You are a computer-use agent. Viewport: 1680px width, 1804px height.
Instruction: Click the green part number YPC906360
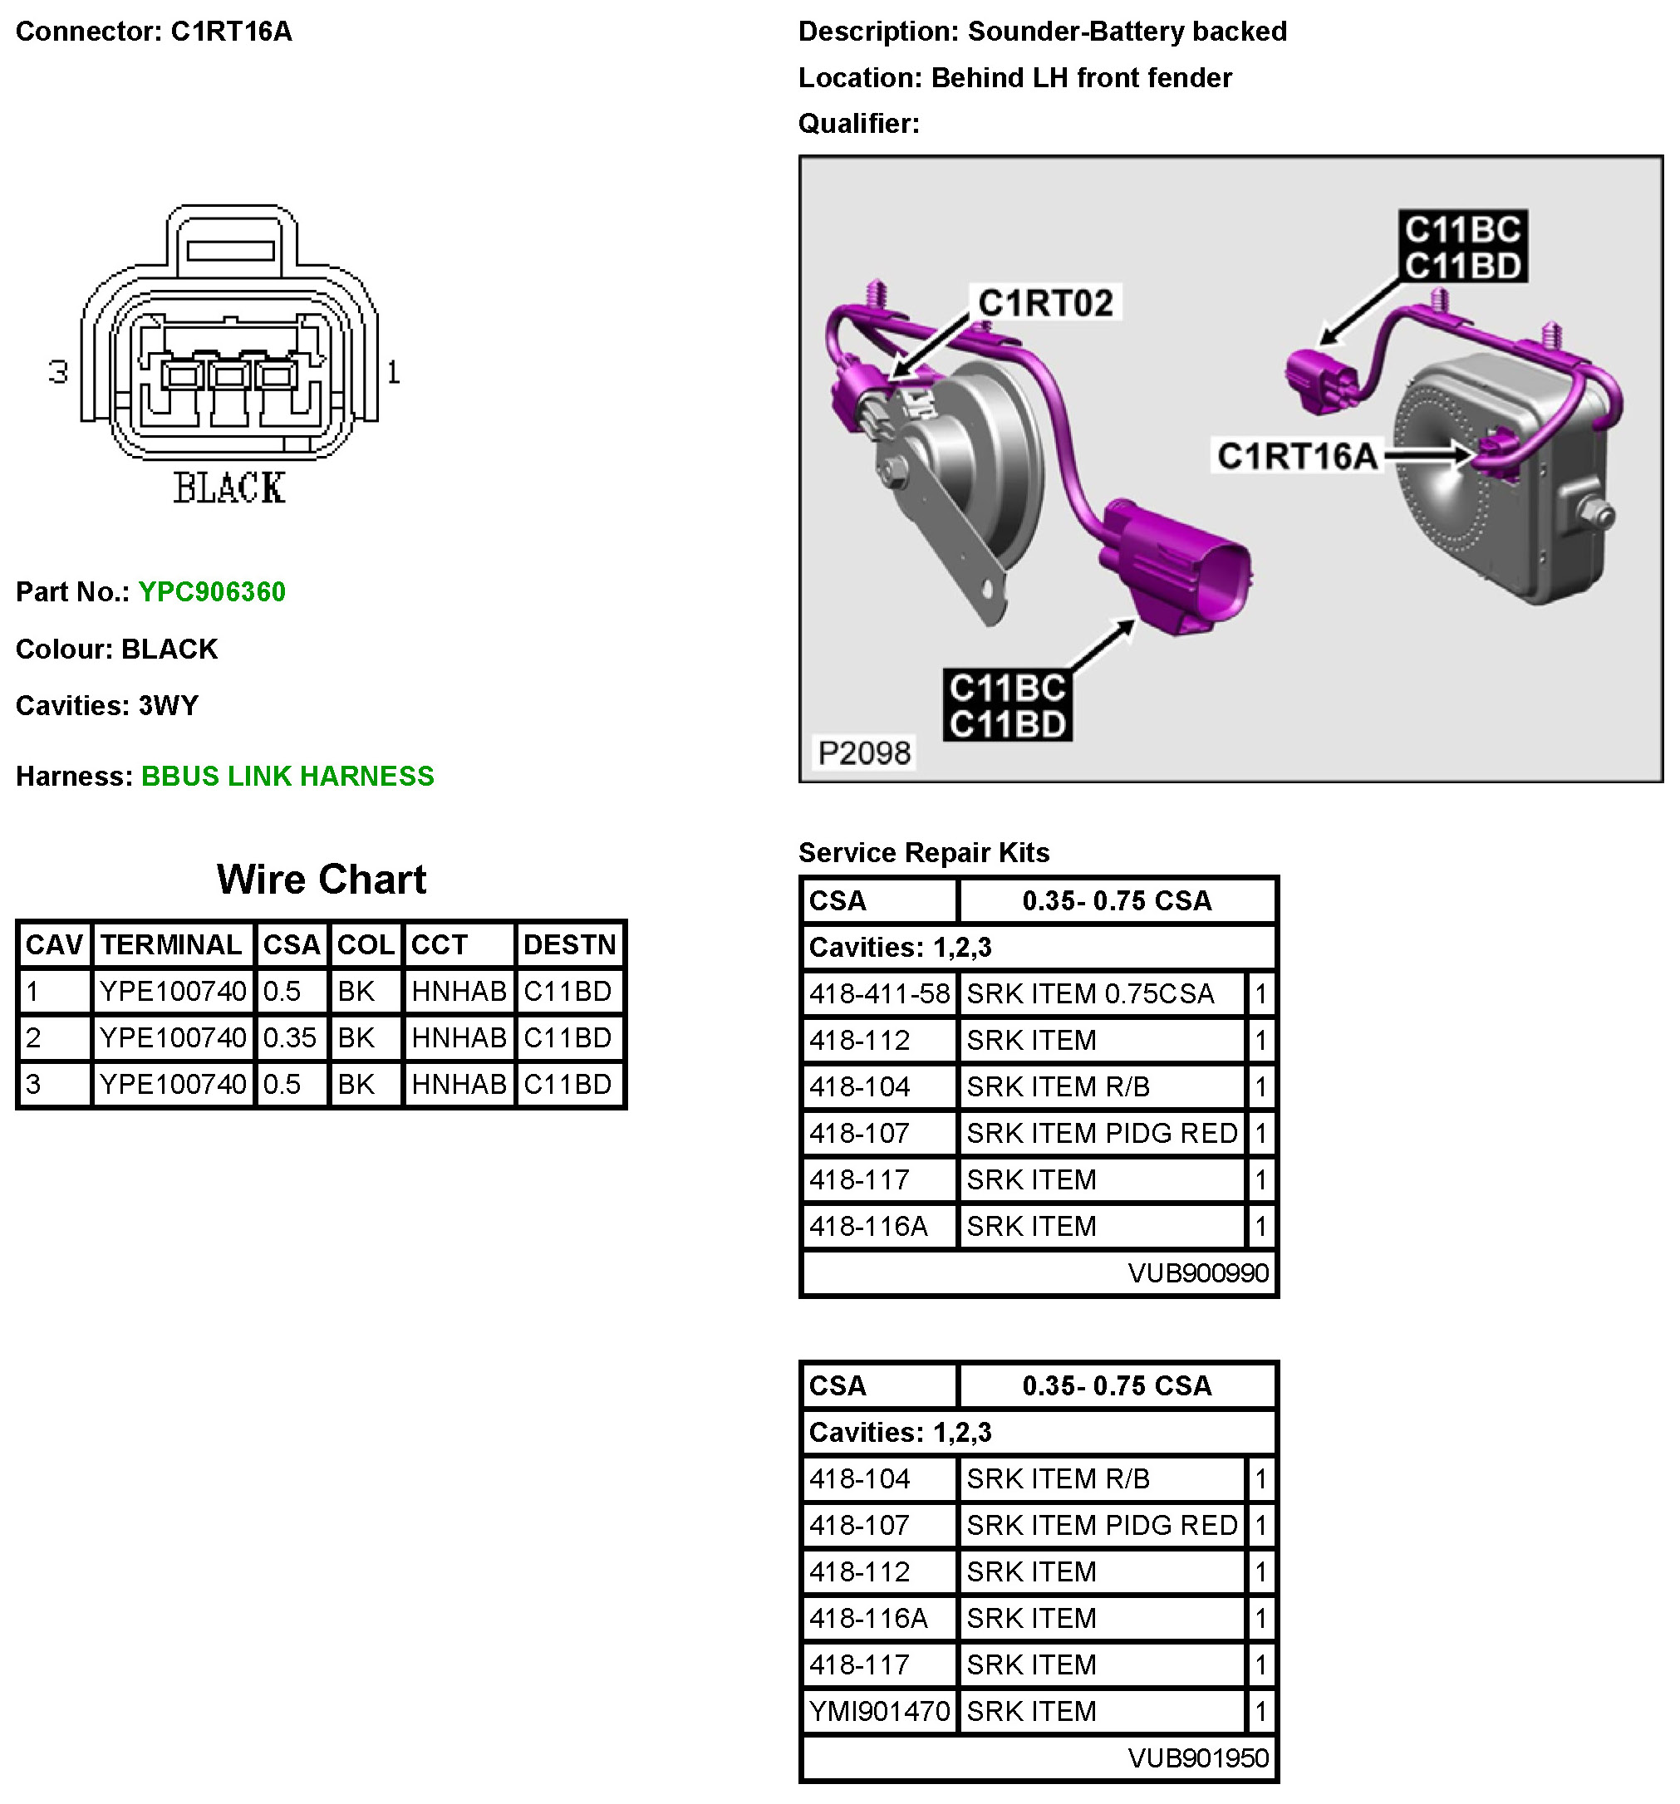(212, 591)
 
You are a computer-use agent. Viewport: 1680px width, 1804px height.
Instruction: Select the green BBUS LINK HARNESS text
(287, 776)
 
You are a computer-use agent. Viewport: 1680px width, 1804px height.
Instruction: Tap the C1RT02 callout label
(1044, 303)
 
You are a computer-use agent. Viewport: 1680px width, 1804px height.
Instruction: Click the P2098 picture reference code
(863, 752)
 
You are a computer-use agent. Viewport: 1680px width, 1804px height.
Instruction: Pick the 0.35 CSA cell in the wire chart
(289, 1037)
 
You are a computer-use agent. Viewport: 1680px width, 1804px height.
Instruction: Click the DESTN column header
(569, 944)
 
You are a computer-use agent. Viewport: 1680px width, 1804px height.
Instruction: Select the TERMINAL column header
(170, 944)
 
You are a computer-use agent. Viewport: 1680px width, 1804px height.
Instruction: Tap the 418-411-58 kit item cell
(878, 993)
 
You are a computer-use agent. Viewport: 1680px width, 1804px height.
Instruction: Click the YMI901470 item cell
(878, 1710)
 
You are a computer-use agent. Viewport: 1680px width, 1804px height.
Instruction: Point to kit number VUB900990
(1197, 1272)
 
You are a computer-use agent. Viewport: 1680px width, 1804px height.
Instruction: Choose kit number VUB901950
(1197, 1757)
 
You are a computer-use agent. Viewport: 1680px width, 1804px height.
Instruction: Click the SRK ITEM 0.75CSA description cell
(1089, 993)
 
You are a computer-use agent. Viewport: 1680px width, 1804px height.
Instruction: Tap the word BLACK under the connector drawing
(228, 488)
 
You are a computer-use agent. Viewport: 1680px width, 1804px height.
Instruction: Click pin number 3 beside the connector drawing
(58, 372)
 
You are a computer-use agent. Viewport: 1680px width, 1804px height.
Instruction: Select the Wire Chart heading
(322, 879)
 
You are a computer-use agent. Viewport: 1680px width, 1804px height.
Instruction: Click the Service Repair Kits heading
(923, 852)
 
